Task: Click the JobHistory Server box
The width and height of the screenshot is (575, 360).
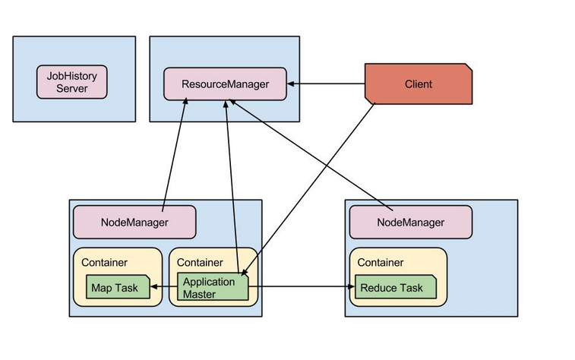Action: [x=72, y=82]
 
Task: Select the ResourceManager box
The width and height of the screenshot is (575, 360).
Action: [x=226, y=84]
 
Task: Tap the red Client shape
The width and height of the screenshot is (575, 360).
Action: [x=419, y=84]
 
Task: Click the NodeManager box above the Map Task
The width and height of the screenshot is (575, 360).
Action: [x=134, y=222]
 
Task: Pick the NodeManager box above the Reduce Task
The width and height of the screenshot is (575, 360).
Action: [x=411, y=222]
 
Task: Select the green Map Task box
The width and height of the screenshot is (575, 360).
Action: [x=117, y=288]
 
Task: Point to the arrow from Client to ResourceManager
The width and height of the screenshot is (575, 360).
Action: [x=326, y=84]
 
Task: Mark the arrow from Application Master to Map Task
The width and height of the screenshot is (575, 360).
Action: [x=164, y=287]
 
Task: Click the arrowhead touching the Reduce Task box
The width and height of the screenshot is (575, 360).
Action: [x=351, y=287]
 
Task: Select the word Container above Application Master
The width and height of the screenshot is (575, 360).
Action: [x=200, y=263]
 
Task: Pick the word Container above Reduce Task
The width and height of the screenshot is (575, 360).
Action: [x=380, y=263]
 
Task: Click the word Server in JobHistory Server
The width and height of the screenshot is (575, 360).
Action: [x=72, y=89]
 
